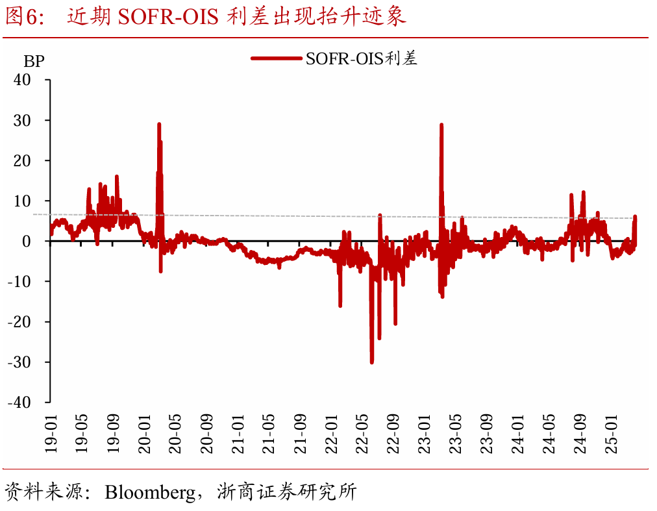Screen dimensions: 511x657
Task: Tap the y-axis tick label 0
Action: (x=40, y=241)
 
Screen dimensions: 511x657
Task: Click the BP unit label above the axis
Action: (x=34, y=62)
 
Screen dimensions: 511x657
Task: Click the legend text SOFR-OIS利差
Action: (x=361, y=58)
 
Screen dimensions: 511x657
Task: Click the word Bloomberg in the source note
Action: (x=150, y=492)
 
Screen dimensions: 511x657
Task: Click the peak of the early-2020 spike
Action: (x=158, y=123)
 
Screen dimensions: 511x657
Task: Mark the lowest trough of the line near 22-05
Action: (x=372, y=362)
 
